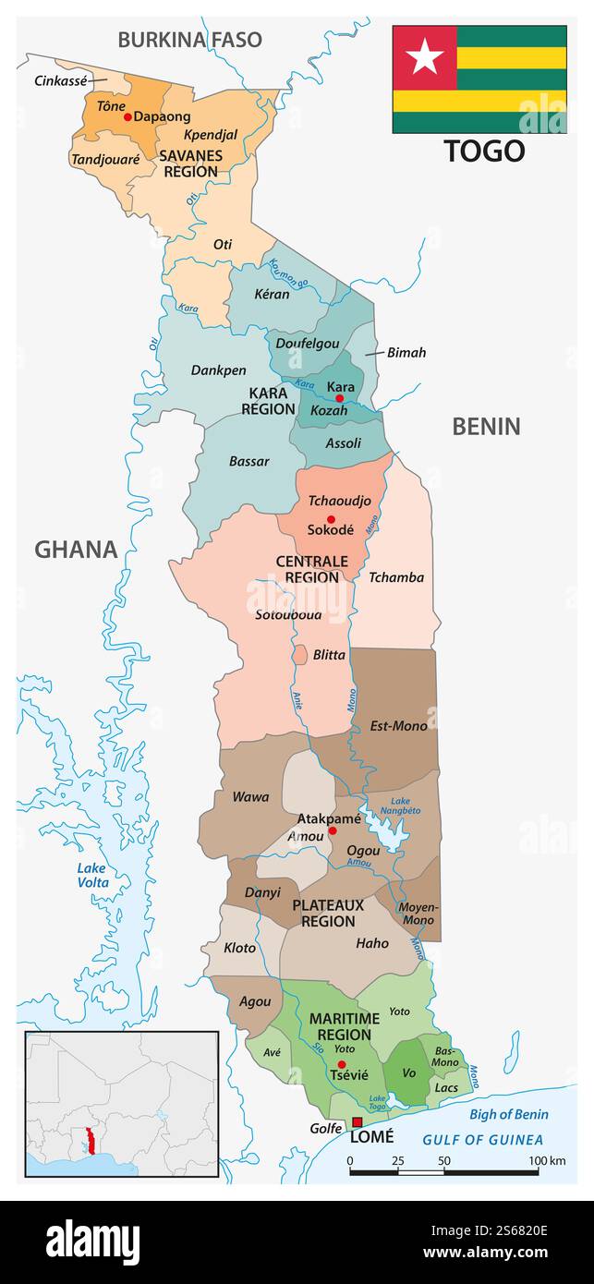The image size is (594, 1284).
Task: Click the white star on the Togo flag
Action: point(425,57)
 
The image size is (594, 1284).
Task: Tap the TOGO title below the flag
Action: point(484,151)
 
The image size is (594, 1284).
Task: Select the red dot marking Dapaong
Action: point(127,117)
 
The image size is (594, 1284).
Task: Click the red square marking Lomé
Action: point(358,1122)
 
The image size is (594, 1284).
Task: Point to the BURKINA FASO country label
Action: point(189,40)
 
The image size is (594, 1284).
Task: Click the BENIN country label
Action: point(486,426)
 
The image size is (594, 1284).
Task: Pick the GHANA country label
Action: point(76,550)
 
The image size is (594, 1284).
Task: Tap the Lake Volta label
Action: point(91,875)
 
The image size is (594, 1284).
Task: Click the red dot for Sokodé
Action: point(330,519)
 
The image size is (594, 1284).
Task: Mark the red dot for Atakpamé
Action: point(333,831)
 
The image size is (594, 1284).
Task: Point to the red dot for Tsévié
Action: point(341,1064)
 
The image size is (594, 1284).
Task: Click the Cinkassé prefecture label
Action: point(60,80)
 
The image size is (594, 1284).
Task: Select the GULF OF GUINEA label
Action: point(483,1140)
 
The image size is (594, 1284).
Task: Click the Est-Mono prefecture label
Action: point(398,725)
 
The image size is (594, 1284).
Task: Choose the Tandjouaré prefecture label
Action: point(105,159)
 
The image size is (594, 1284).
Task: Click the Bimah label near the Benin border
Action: point(406,353)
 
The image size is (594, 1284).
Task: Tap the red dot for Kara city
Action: point(339,398)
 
